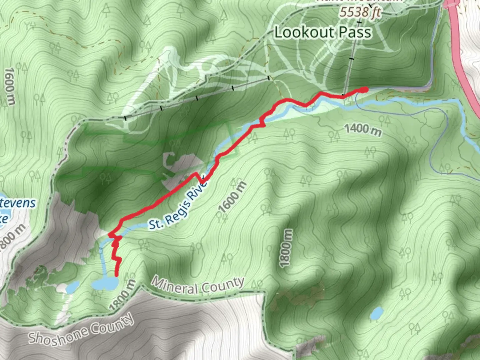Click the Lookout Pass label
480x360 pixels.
point(322,32)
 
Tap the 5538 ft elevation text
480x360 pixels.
point(360,12)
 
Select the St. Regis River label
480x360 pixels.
point(178,205)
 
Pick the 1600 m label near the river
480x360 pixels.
point(233,197)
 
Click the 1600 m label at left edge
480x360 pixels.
point(10,86)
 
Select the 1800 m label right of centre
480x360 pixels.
point(286,248)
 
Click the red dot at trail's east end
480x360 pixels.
point(365,89)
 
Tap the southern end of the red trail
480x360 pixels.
point(117,275)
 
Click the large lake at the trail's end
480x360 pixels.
point(105,284)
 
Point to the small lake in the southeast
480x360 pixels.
point(377,313)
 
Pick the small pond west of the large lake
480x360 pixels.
point(73,287)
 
